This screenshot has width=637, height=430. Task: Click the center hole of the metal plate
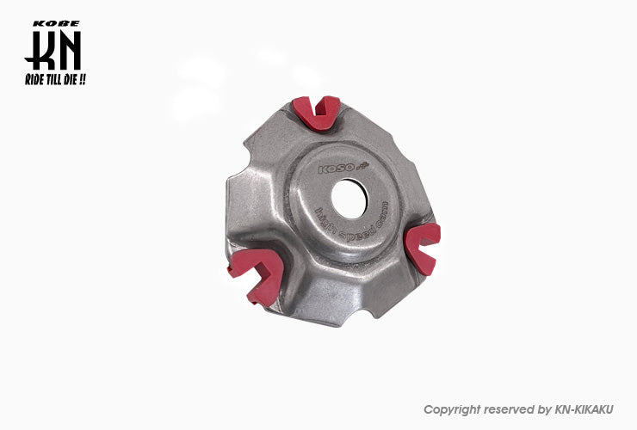(x=349, y=199)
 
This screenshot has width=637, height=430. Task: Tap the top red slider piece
(x=318, y=113)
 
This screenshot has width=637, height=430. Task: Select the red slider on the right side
(x=423, y=248)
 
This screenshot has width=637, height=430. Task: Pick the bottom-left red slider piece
(x=257, y=276)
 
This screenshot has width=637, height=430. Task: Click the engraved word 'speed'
(x=356, y=234)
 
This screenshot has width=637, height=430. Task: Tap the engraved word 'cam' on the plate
(x=382, y=214)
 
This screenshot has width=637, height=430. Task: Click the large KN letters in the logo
(x=53, y=51)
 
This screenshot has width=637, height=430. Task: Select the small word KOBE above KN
(x=56, y=23)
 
